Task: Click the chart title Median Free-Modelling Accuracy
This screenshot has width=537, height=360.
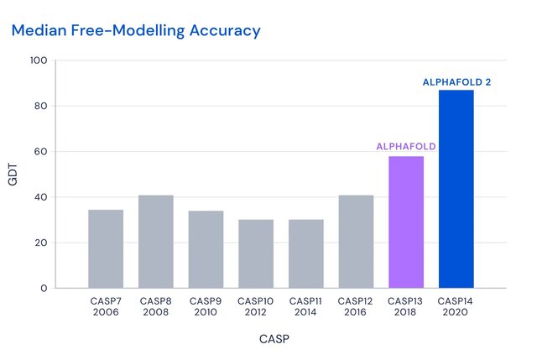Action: click(x=135, y=31)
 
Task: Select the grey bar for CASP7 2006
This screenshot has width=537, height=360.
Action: click(x=106, y=249)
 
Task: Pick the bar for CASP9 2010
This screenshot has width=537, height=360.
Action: click(x=206, y=249)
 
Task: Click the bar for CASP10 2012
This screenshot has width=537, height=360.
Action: click(x=256, y=253)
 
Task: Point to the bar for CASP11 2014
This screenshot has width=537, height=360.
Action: click(x=306, y=253)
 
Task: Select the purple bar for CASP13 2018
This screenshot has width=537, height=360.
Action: click(x=406, y=222)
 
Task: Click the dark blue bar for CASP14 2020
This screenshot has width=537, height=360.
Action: click(x=456, y=189)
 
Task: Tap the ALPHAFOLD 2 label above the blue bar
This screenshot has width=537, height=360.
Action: click(x=456, y=82)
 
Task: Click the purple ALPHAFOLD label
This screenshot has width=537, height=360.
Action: click(x=406, y=146)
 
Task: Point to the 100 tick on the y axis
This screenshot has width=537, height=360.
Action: click(x=38, y=60)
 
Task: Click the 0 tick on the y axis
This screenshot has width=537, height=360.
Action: click(x=44, y=289)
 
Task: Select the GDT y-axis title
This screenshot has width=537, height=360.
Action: click(x=13, y=175)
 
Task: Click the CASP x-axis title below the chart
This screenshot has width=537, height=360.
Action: click(x=273, y=340)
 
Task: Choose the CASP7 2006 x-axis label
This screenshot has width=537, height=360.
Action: click(x=106, y=306)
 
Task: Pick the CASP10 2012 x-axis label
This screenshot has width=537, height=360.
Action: click(x=256, y=306)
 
